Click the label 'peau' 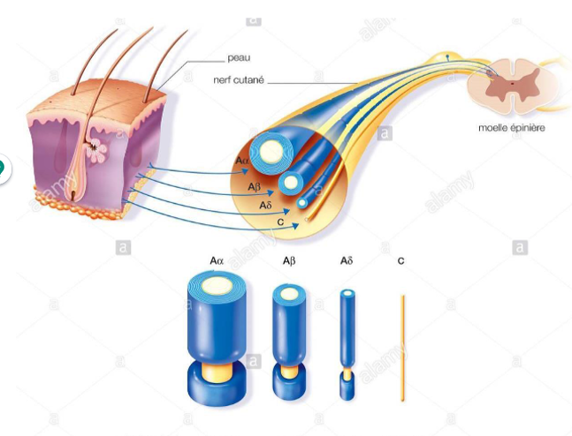click(239, 58)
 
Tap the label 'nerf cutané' click(239, 80)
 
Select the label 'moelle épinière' click(512, 128)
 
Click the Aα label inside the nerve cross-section click(242, 161)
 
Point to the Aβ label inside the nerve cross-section click(255, 187)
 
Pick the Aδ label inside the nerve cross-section click(265, 206)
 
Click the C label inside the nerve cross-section click(280, 222)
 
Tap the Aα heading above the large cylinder click(217, 260)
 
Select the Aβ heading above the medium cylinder click(289, 260)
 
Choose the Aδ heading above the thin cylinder click(347, 260)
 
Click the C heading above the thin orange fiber click(400, 260)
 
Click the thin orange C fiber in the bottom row click(403, 348)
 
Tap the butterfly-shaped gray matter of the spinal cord click(512, 84)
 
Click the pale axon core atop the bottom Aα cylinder click(217, 285)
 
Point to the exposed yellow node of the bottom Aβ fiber click(289, 371)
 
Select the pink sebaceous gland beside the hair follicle click(97, 150)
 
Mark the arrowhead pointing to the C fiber click(295, 226)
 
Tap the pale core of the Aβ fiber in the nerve click(290, 183)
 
